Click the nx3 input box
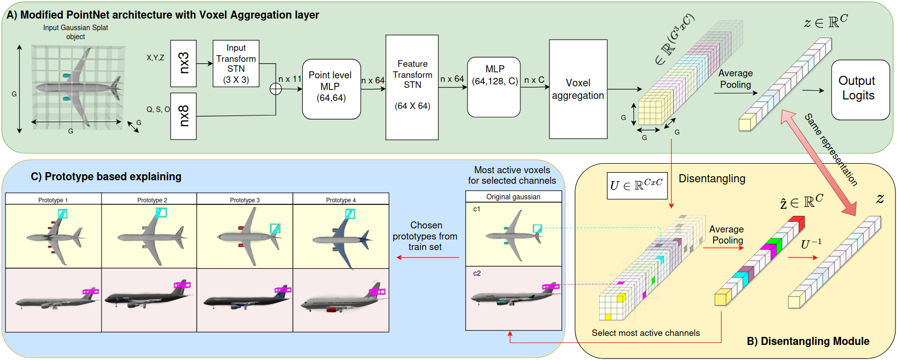click(183, 63)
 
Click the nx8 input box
click(183, 116)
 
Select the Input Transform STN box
click(236, 64)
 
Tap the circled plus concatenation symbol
click(276, 89)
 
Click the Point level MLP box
click(331, 89)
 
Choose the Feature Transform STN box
click(412, 87)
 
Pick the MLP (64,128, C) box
click(494, 87)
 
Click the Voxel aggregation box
click(578, 89)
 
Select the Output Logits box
click(860, 89)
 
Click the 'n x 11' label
click(290, 79)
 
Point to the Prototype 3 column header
click(245, 200)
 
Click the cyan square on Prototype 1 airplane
click(62, 213)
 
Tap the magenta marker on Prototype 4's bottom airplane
click(377, 291)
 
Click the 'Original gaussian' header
click(513, 197)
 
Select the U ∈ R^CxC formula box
click(636, 185)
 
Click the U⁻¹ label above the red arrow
click(811, 244)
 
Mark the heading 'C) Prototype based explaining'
click(106, 177)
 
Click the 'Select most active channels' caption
click(645, 333)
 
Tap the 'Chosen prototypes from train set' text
click(425, 236)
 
